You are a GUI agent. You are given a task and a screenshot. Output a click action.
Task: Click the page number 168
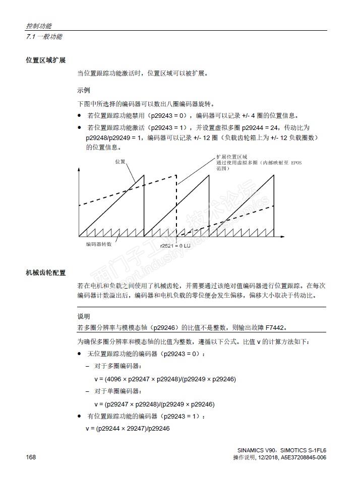tap(31, 457)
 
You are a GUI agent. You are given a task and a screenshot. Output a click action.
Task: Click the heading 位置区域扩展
tap(46, 60)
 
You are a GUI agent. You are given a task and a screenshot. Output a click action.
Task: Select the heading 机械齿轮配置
tap(46, 273)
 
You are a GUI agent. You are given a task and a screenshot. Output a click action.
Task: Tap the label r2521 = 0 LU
tap(174, 245)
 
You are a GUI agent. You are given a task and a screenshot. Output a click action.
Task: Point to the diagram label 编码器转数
tap(98, 244)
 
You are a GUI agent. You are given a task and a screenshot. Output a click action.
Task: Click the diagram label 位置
tap(120, 162)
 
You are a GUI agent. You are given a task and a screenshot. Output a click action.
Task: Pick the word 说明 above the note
tap(84, 316)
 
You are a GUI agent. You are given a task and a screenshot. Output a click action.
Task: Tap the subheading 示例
tap(84, 91)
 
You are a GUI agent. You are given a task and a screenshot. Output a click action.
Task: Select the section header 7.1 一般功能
tap(44, 37)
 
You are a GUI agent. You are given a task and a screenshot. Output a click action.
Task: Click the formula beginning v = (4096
tap(165, 379)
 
